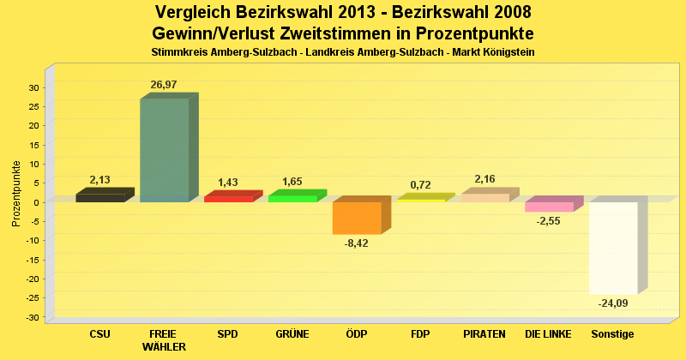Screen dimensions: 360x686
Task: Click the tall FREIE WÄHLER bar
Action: pyautogui.click(x=164, y=150)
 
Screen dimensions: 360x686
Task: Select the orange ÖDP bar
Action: pyautogui.click(x=357, y=218)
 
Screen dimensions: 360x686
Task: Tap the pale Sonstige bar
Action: pyautogui.click(x=613, y=248)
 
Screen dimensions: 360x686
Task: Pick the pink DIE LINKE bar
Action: pyautogui.click(x=549, y=207)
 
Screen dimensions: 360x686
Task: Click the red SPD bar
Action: pyautogui.click(x=228, y=199)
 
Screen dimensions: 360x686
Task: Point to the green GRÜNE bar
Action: pyautogui.click(x=292, y=198)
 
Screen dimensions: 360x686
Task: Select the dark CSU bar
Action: pyautogui.click(x=99, y=198)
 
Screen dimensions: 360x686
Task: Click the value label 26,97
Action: pyautogui.click(x=164, y=85)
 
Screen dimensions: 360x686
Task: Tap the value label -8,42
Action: pyautogui.click(x=356, y=243)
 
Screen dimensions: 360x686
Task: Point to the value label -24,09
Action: pyautogui.click(x=613, y=303)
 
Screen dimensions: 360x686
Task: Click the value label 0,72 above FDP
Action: pyautogui.click(x=420, y=185)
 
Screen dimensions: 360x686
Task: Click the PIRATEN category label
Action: pyautogui.click(x=484, y=333)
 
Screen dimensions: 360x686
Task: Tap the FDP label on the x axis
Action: pyautogui.click(x=420, y=333)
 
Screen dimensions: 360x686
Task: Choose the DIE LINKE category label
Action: pyautogui.click(x=549, y=333)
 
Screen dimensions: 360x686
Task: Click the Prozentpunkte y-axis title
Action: pyautogui.click(x=16, y=194)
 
